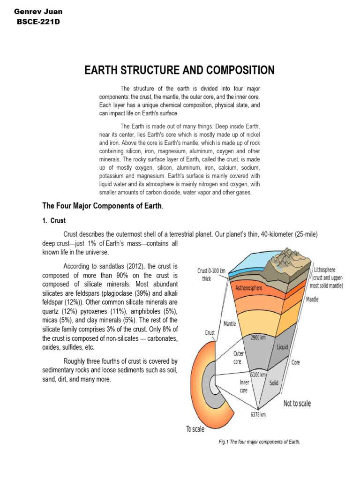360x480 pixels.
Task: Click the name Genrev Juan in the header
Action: click(38, 11)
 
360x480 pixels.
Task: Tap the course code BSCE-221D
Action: click(38, 22)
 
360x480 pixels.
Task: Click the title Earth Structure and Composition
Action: click(179, 70)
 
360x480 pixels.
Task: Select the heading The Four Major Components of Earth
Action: click(103, 205)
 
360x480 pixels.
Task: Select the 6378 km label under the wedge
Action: click(258, 414)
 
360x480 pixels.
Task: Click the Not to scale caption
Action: click(297, 403)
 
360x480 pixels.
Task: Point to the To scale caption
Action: click(195, 429)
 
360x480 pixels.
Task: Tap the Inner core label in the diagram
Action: click(244, 386)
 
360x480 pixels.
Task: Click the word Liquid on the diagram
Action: click(282, 347)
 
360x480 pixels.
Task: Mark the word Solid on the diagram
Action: click(274, 383)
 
